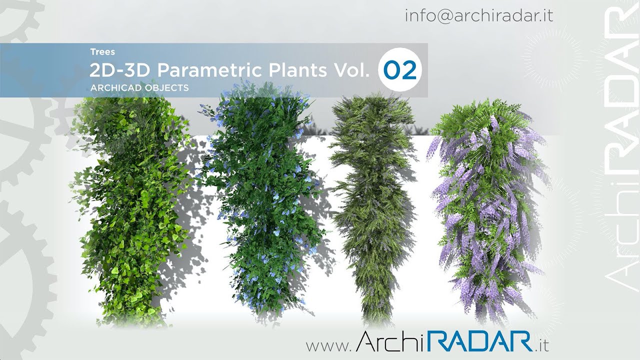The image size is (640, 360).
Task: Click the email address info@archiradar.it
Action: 478,15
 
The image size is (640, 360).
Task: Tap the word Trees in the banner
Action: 102,51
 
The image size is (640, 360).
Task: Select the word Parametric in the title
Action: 212,70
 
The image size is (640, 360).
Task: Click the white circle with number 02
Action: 400,70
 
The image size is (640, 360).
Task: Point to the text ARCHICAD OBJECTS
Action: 139,87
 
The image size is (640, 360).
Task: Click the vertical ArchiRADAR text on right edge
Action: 620,150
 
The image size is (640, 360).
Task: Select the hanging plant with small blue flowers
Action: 260,200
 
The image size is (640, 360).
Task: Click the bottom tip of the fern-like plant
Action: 372,320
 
